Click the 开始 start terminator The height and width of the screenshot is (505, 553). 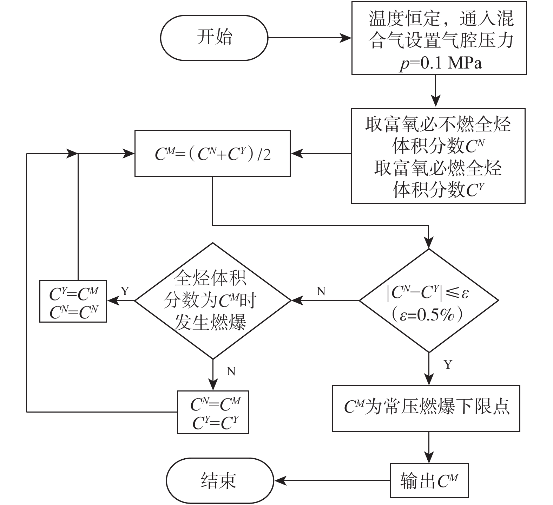pos(214,38)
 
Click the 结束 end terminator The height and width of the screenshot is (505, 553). pos(220,480)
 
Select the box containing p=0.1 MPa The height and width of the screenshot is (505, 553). pos(439,38)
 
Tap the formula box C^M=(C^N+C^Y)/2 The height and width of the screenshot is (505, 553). pos(212,154)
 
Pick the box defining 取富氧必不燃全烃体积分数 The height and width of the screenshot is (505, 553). pos(438,156)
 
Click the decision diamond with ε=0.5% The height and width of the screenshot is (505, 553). pos(429,300)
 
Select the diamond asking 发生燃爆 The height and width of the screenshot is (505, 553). pos(213,300)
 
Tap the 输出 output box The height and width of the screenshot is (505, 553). pos(429,480)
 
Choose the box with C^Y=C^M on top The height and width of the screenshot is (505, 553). pos(73,301)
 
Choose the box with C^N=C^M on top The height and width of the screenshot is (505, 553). pos(213,412)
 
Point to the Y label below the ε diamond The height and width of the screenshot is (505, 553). pos(448,364)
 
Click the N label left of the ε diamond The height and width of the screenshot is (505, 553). pos(321,291)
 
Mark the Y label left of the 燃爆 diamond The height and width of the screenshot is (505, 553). pos(125,291)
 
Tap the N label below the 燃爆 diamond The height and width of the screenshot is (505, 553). pos(231,371)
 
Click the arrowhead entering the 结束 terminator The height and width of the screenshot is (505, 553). pos(279,480)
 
